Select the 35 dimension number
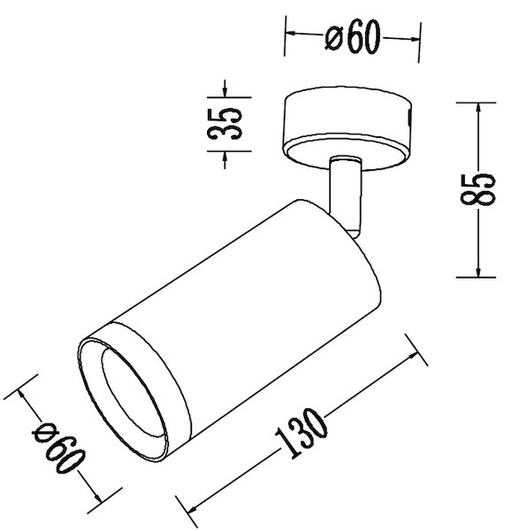tap(225, 124)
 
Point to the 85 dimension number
tap(478, 189)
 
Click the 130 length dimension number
tap(301, 433)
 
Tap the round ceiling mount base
tap(348, 128)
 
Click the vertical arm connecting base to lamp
tap(345, 193)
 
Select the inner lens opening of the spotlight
tap(134, 392)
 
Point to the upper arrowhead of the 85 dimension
tap(478, 108)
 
